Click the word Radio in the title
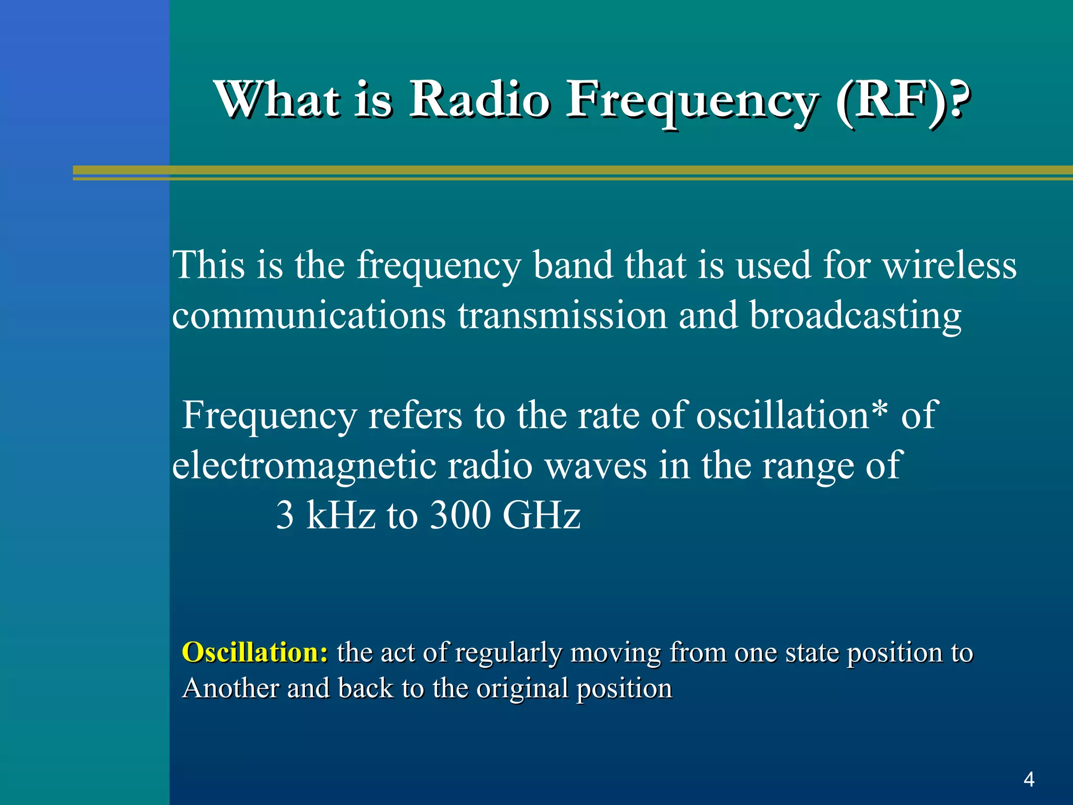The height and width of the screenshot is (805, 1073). pyautogui.click(x=479, y=99)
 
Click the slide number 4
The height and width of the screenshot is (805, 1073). pyautogui.click(x=1028, y=779)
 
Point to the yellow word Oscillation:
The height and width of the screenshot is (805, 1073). pyautogui.click(x=255, y=652)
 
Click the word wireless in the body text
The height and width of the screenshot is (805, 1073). pyautogui.click(x=949, y=265)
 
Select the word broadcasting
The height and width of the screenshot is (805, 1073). pyautogui.click(x=855, y=316)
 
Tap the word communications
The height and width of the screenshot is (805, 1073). pyautogui.click(x=309, y=316)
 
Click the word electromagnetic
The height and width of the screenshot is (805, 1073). pyautogui.click(x=304, y=465)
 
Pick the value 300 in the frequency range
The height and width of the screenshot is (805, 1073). pyautogui.click(x=459, y=515)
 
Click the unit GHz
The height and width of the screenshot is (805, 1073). pyautogui.click(x=541, y=515)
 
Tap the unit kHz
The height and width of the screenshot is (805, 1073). pyautogui.click(x=341, y=515)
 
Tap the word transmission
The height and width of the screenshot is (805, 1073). pyautogui.click(x=562, y=316)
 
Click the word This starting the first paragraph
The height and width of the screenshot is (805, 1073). pyautogui.click(x=209, y=265)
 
